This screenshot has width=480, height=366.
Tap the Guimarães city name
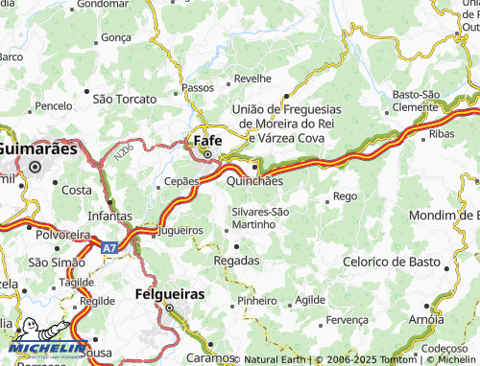(x=36, y=149)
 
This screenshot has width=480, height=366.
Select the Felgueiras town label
(x=169, y=294)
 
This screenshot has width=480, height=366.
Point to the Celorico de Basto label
(x=393, y=262)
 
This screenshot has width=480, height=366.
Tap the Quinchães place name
(x=254, y=180)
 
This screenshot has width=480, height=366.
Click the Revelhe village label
(x=252, y=78)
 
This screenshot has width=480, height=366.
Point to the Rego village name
(x=344, y=196)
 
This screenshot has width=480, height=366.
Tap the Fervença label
(x=347, y=319)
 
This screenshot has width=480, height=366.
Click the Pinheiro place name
(x=255, y=300)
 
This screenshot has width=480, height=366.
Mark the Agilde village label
(x=310, y=300)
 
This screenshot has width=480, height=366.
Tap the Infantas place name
(x=109, y=217)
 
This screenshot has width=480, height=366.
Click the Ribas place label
(x=442, y=134)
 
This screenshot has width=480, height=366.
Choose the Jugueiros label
(x=179, y=231)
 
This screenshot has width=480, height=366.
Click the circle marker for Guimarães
(x=36, y=167)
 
